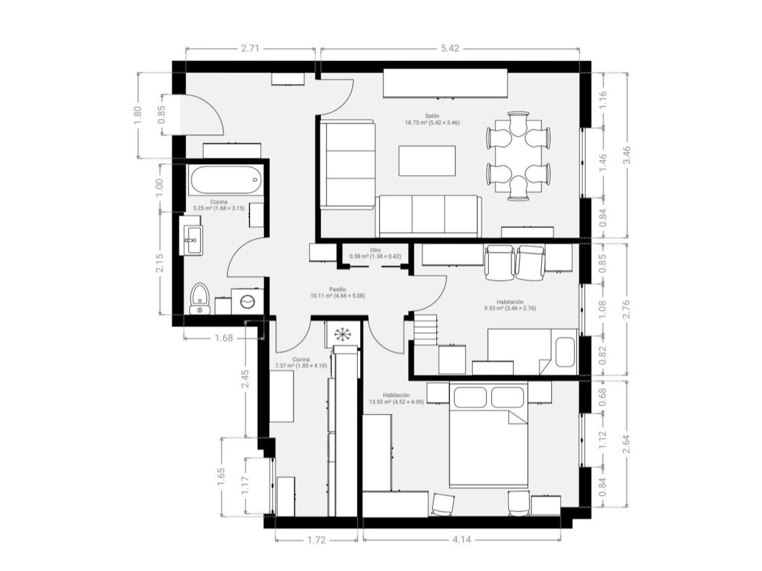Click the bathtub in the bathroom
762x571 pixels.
click(x=225, y=180)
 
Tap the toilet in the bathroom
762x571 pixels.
click(x=199, y=299)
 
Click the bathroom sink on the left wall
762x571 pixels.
click(x=191, y=240)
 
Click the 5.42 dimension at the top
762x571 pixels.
click(x=450, y=49)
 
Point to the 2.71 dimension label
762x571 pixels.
click(x=250, y=49)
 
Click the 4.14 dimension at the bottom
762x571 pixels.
click(x=462, y=540)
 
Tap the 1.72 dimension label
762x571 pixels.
click(x=316, y=540)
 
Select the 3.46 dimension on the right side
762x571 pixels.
click(x=627, y=155)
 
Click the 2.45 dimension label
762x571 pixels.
click(x=245, y=379)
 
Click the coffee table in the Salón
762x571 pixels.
click(x=427, y=161)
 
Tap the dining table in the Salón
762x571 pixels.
click(x=518, y=156)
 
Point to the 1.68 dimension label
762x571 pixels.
click(x=224, y=338)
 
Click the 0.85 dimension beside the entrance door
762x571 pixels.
click(x=162, y=114)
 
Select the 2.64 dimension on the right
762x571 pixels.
click(x=627, y=444)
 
